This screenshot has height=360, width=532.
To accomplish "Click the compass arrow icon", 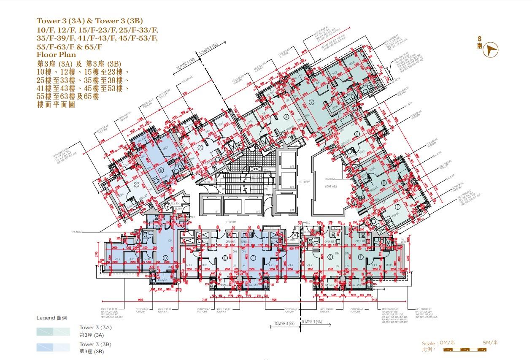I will [491, 50].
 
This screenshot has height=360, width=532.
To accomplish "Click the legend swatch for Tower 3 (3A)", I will [54, 331].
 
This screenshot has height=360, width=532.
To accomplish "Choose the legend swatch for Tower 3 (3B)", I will [54, 347].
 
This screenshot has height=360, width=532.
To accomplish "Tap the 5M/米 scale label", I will [490, 343].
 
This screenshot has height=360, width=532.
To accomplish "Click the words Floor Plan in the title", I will [56, 54].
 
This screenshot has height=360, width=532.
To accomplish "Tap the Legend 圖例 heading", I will [51, 318].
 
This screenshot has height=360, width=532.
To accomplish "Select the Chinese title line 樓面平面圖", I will [56, 105].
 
